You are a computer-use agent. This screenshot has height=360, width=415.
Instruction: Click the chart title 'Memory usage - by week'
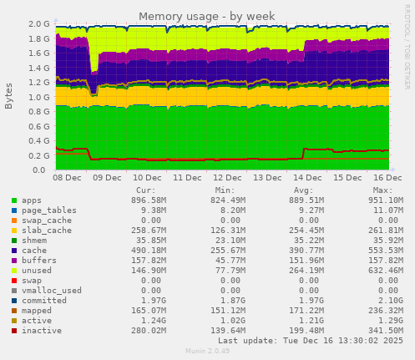tap(207, 16)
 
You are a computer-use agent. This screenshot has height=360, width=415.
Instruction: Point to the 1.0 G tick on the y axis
tap(38, 97)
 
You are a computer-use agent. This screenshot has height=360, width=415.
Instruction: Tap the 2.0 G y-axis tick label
tap(38, 24)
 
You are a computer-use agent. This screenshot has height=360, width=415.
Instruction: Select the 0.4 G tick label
tap(38, 141)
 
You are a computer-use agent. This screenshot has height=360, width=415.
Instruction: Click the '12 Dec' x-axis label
tap(227, 179)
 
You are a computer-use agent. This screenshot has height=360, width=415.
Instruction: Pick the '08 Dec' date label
tap(67, 179)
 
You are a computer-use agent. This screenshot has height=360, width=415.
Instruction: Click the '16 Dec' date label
tap(388, 179)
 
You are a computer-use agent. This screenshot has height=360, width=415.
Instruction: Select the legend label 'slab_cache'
tap(43, 229)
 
